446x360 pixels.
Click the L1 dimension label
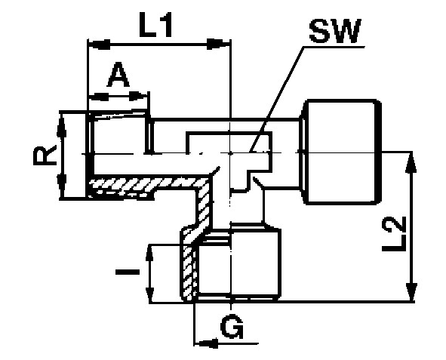pyautogui.click(x=155, y=25)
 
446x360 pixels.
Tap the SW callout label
pyautogui.click(x=335, y=31)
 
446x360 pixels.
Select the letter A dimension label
pyautogui.click(x=118, y=75)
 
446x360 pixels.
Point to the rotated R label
pyautogui.click(x=45, y=155)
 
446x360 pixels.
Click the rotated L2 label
pyautogui.click(x=393, y=234)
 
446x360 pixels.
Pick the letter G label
pyautogui.click(x=232, y=326)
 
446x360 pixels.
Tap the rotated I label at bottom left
pyautogui.click(x=128, y=272)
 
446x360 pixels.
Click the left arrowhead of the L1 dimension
pyautogui.click(x=100, y=44)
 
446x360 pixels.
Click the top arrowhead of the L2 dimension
pyautogui.click(x=411, y=162)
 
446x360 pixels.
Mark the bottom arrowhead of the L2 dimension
pyautogui.click(x=411, y=291)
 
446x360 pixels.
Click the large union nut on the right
pyautogui.click(x=341, y=152)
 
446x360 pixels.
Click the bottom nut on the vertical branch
pyautogui.click(x=230, y=263)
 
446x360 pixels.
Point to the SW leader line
pyautogui.click(x=276, y=99)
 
